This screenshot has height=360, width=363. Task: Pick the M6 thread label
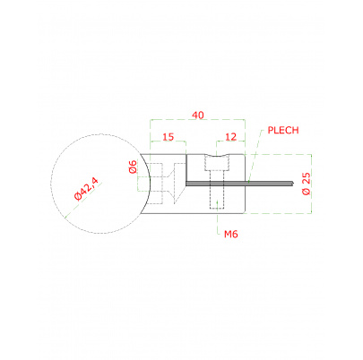point(229,235)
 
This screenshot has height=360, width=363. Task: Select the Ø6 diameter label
point(133,166)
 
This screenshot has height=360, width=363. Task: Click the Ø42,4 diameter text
point(86,191)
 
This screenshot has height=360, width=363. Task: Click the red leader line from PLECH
point(255,153)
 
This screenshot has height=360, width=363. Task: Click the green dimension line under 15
point(168,148)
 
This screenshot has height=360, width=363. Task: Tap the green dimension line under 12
point(229,148)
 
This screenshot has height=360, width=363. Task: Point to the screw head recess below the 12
point(218,163)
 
